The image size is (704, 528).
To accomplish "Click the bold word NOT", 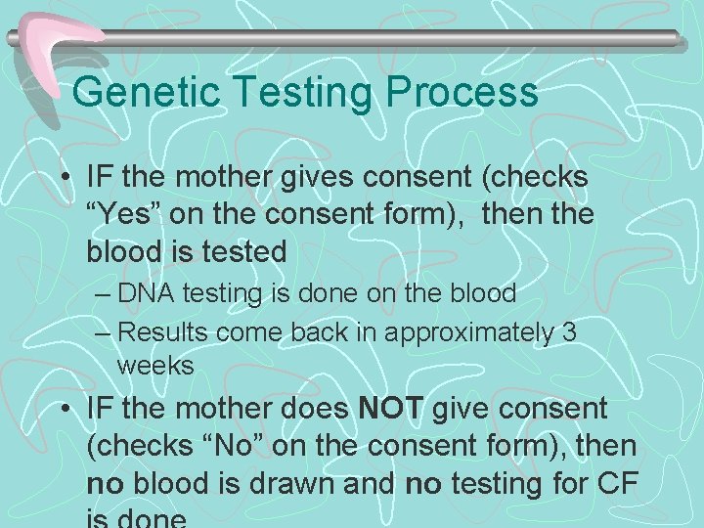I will click(390, 409).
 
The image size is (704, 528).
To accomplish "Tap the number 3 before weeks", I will click(570, 332).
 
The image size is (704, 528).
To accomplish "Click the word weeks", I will click(155, 367).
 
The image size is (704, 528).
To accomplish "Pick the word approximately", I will click(469, 333).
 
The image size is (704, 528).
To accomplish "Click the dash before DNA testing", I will click(106, 294).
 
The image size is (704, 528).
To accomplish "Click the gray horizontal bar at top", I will click(391, 37).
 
